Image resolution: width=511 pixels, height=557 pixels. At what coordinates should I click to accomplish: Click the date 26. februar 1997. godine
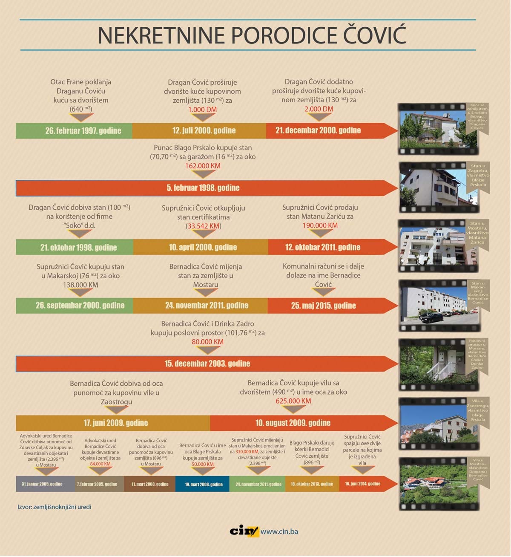(x=83, y=131)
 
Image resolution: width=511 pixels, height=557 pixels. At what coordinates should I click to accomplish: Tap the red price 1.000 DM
(x=202, y=110)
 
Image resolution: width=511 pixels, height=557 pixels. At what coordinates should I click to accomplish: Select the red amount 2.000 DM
(x=319, y=109)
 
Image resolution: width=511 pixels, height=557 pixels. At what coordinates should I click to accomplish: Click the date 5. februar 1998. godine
(x=203, y=188)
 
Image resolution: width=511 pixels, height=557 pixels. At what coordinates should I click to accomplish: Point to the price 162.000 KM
(x=203, y=166)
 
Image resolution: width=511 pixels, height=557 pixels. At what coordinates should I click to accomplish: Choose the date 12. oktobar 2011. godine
(x=322, y=248)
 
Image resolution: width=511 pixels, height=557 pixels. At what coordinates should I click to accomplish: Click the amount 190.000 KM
(x=320, y=225)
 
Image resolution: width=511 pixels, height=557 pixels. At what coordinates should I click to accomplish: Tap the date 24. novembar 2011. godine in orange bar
(x=201, y=306)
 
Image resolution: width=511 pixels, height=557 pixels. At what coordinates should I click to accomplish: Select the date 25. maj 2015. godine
(x=323, y=306)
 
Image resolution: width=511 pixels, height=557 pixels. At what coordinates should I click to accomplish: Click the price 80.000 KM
(x=207, y=342)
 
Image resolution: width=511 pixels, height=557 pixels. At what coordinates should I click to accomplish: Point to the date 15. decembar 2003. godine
(x=207, y=364)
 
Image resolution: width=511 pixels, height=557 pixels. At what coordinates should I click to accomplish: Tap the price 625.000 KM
(x=293, y=401)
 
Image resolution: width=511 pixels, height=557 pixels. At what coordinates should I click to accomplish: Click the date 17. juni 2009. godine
(x=115, y=423)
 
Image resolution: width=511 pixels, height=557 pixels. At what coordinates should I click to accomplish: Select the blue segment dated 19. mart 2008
(x=204, y=484)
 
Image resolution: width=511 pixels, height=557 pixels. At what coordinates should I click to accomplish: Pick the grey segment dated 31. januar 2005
(x=42, y=484)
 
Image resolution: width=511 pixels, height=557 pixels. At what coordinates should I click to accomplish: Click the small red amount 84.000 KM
(x=100, y=464)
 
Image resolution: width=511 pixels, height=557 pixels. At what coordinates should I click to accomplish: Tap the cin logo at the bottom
(x=244, y=531)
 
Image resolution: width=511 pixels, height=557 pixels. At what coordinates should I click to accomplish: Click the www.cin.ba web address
(x=279, y=531)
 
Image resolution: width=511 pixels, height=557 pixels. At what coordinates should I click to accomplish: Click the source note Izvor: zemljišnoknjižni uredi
(x=54, y=507)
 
